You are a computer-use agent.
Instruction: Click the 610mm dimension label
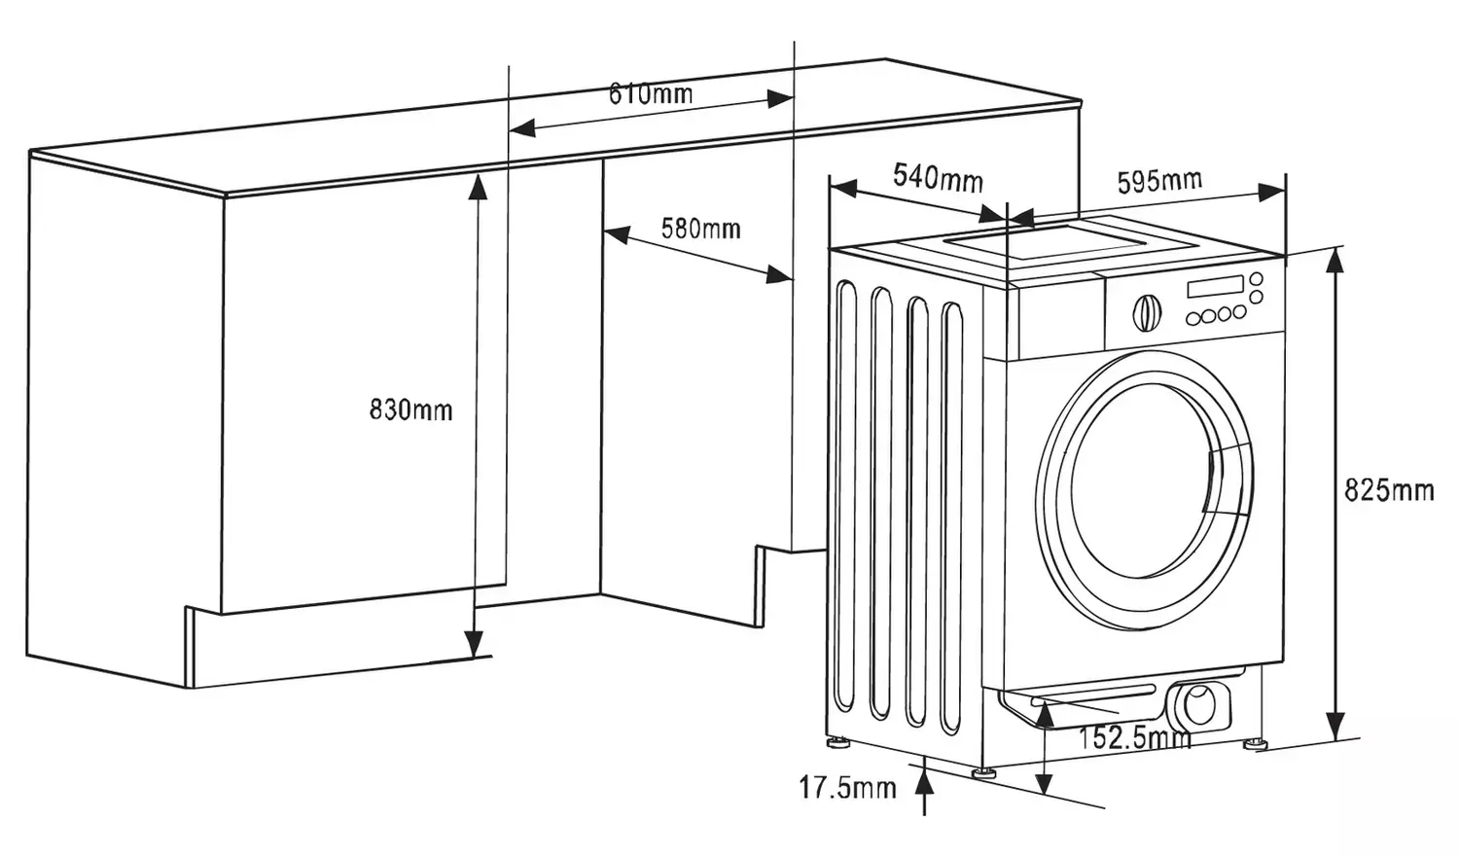tap(651, 93)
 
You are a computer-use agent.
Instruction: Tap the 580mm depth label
tap(700, 229)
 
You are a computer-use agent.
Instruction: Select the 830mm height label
tap(410, 410)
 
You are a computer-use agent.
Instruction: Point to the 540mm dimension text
tap(938, 177)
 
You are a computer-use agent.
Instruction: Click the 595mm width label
tap(1159, 181)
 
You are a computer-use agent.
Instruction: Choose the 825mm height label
tap(1389, 489)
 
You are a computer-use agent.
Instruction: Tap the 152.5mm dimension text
tap(1134, 737)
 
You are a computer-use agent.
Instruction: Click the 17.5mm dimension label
tap(847, 787)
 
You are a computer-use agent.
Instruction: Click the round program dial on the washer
tap(1147, 312)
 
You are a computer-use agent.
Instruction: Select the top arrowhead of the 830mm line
tap(478, 185)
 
